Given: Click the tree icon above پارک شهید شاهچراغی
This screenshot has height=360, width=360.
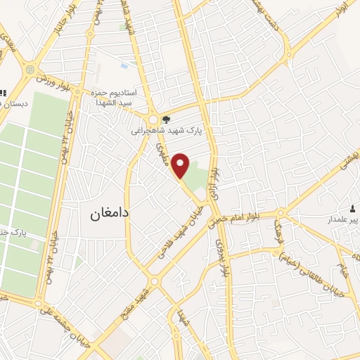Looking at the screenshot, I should pyautogui.click(x=166, y=120).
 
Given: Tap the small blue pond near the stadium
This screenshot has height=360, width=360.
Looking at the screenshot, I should pyautogui.click(x=124, y=66).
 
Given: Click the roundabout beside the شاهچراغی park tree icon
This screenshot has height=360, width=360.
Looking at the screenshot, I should pyautogui.click(x=153, y=120).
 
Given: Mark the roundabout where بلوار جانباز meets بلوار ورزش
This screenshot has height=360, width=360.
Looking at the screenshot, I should pyautogui.click(x=31, y=70).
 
